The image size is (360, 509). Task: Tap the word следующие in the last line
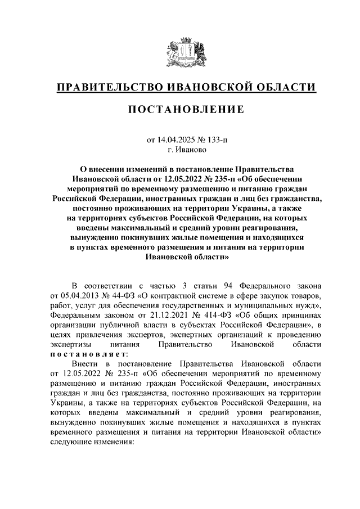click(x=71, y=442)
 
